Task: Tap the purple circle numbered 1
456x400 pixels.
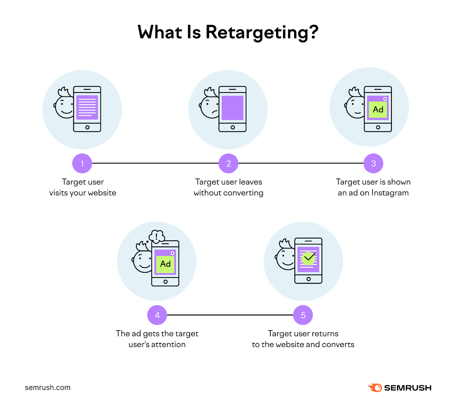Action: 82,164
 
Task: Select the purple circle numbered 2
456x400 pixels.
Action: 228,164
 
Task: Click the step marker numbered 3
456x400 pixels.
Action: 373,164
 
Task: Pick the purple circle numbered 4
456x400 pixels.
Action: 157,315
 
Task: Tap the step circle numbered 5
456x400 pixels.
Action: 303,315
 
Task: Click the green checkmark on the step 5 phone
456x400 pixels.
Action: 308,258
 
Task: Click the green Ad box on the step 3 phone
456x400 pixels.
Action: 378,110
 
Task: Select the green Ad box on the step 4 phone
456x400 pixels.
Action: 165,264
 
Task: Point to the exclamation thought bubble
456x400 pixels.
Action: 156,236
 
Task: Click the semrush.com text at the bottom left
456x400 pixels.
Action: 48,387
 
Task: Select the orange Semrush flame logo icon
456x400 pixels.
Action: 375,387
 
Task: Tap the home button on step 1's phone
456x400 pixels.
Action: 87,127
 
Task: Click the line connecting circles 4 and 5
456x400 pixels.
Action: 230,315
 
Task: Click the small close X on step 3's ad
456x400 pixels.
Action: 385,99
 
